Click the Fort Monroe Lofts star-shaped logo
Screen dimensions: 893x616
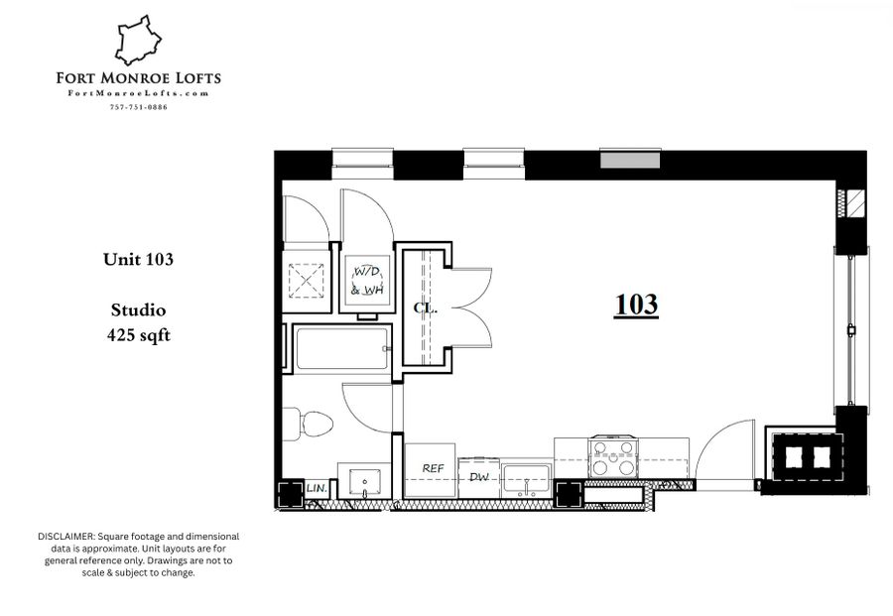[x=138, y=40]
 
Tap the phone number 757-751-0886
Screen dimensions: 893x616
[x=138, y=107]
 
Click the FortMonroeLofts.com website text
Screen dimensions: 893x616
[x=138, y=93]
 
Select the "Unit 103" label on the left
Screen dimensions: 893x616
[x=138, y=260]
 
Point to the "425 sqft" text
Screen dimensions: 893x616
[x=138, y=335]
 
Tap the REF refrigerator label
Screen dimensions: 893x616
[x=433, y=468]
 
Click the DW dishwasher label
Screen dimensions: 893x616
[x=479, y=477]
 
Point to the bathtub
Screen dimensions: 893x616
[x=341, y=348]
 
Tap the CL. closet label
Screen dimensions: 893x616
[x=425, y=308]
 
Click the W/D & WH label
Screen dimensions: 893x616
[x=367, y=281]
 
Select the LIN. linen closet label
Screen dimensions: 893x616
[x=317, y=488]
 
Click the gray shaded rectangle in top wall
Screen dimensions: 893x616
[x=630, y=160]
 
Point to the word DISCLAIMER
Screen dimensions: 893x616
[x=66, y=537]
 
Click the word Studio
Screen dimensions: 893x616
[x=138, y=310]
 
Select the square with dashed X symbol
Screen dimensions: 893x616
[x=307, y=280]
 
